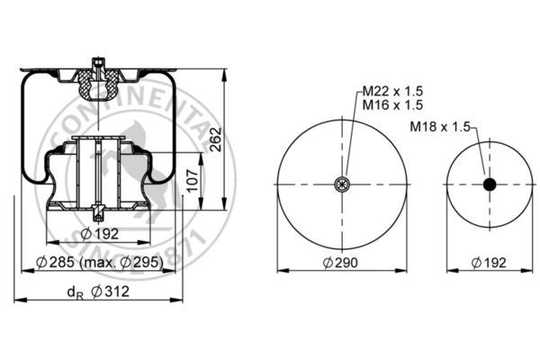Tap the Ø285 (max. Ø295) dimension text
click(x=99, y=262)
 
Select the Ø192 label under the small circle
click(x=489, y=262)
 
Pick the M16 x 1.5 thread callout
click(x=393, y=105)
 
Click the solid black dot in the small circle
click(x=490, y=184)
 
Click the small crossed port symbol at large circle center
click(x=341, y=184)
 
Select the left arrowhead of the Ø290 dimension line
click(x=279, y=269)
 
